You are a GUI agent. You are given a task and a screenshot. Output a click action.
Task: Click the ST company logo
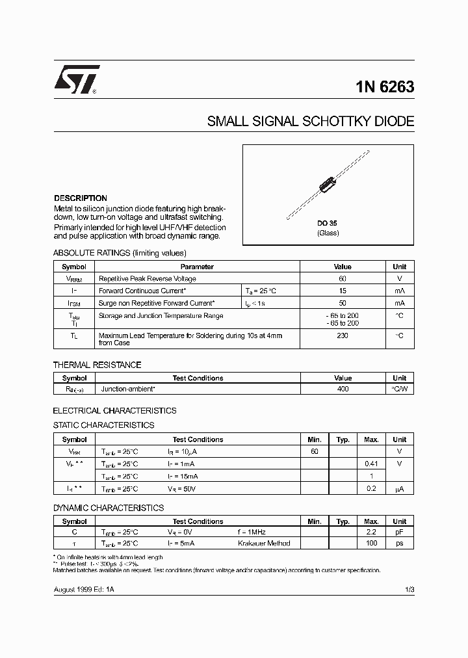(x=76, y=80)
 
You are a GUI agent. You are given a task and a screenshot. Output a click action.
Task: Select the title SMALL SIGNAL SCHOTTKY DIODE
(x=310, y=122)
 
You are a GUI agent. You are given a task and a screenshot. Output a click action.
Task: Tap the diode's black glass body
(x=328, y=184)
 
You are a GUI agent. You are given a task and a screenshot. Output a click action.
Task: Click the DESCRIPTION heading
(x=80, y=198)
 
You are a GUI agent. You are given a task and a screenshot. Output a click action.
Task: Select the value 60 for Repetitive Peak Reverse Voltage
(x=343, y=278)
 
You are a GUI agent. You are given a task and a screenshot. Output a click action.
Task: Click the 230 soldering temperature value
(x=343, y=336)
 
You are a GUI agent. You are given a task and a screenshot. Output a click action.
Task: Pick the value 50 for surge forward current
(x=343, y=303)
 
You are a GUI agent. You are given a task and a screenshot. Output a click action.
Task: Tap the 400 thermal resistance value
(x=343, y=389)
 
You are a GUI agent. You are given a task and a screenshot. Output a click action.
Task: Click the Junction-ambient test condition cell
(x=128, y=389)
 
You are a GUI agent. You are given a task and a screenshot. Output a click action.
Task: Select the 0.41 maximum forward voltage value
(x=371, y=464)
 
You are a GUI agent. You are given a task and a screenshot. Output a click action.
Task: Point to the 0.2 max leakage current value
(x=371, y=488)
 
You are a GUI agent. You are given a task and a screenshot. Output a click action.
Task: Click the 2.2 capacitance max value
(x=371, y=531)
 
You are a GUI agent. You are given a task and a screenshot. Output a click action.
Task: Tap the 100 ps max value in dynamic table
(x=371, y=543)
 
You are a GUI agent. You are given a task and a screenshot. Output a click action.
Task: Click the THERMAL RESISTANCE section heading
(x=97, y=365)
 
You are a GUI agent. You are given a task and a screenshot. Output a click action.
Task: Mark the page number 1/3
(x=409, y=589)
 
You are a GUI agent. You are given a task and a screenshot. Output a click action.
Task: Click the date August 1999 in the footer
(x=73, y=589)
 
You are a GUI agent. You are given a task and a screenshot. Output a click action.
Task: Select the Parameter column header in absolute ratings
(x=197, y=267)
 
